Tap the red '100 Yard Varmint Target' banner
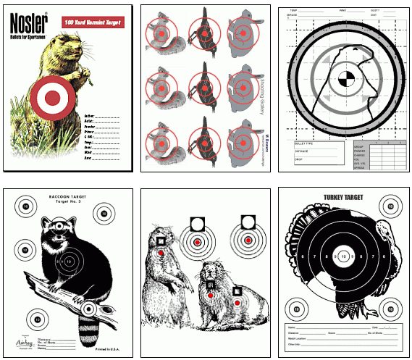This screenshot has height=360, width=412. [91, 22]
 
